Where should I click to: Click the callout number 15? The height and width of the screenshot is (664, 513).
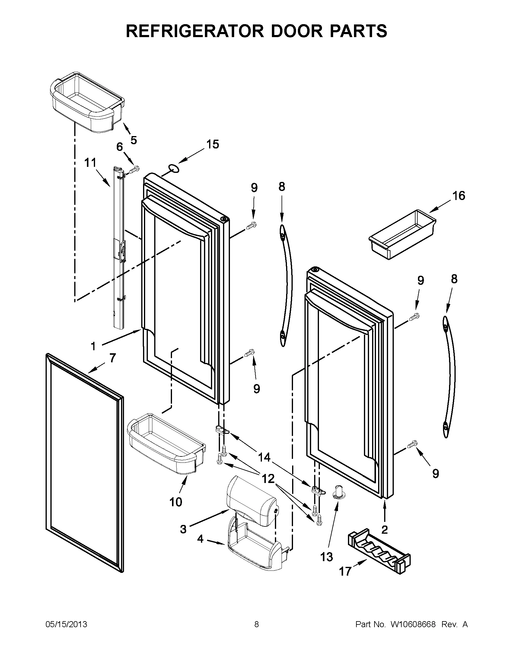212,144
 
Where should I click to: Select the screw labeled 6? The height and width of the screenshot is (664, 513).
134,169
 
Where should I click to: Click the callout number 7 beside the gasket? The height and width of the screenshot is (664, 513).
113,358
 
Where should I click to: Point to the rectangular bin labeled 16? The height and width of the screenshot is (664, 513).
402,234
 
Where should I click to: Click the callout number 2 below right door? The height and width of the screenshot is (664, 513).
385,529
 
